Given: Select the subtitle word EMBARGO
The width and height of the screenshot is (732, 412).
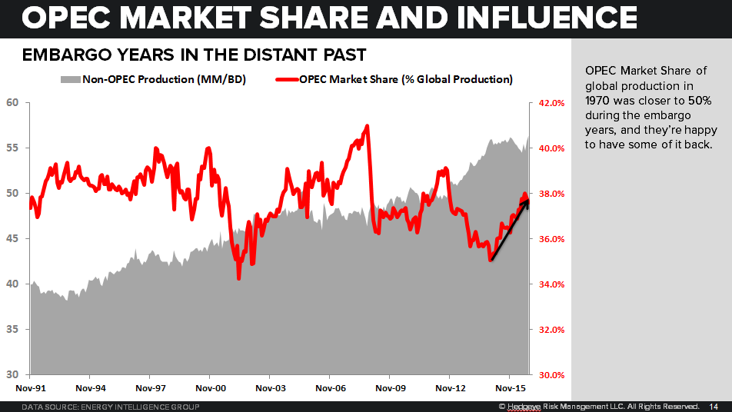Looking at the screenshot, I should click(61, 55).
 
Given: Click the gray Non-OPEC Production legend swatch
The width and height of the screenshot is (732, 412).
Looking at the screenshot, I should click(69, 79).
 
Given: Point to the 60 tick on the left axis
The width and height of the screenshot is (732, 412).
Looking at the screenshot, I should click(12, 102).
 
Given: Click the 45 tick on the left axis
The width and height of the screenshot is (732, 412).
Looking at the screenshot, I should click(12, 238).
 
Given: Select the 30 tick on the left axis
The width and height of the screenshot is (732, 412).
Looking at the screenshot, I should click(12, 374).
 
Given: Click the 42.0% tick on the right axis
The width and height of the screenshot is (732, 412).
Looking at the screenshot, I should click(551, 103).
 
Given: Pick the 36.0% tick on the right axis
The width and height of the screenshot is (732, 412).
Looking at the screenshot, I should click(551, 239).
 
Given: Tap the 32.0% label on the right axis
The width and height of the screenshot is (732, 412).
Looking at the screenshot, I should click(551, 330).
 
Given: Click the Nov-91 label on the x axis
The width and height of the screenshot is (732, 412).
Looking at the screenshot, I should click(30, 389).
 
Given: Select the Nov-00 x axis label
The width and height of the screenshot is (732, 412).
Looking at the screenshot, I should click(210, 389).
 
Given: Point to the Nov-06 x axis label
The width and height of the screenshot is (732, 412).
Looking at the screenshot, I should click(329, 389).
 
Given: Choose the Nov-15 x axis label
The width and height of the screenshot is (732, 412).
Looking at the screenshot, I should click(509, 389).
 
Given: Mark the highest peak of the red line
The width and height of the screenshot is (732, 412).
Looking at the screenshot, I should click(368, 126).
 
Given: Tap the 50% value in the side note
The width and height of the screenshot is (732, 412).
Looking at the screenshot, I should click(696, 100).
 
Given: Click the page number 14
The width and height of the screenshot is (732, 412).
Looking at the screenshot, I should click(713, 406).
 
